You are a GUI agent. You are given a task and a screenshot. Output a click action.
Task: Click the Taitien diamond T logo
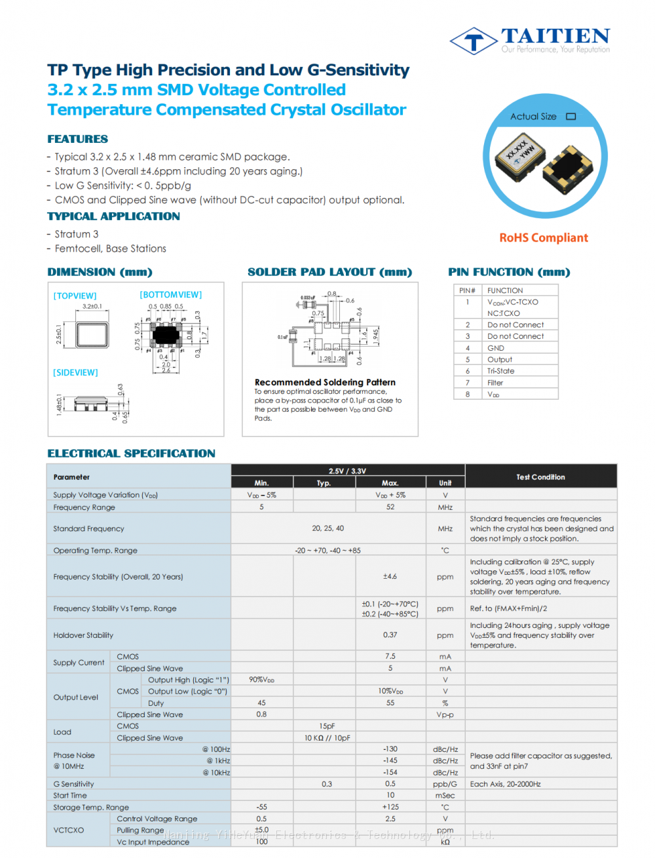[473, 41]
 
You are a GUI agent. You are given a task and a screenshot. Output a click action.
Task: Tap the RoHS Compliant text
[544, 238]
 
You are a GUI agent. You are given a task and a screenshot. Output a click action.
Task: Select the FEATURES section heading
[77, 139]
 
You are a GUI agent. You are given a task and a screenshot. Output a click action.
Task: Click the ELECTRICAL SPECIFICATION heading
[131, 454]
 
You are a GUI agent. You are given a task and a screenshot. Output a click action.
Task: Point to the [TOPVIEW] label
[75, 296]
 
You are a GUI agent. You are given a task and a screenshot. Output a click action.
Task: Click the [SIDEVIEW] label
[75, 372]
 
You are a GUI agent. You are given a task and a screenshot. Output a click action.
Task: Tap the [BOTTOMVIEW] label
[170, 295]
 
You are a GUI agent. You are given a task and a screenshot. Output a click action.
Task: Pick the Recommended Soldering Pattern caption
[325, 382]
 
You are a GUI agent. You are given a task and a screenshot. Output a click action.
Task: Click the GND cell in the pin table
[496, 348]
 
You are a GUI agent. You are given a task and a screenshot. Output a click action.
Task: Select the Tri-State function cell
[500, 371]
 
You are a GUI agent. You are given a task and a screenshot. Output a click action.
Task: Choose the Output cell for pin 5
[500, 360]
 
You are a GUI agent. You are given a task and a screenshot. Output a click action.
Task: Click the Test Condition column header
[540, 477]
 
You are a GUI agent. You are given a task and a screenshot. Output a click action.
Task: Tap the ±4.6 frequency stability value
[390, 577]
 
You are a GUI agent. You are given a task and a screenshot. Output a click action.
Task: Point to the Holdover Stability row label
[83, 635]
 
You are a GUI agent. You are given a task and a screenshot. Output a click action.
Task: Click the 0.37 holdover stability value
[390, 634]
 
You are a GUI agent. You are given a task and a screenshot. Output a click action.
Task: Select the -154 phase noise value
[390, 772]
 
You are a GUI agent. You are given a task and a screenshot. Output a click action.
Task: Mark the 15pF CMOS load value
[327, 726]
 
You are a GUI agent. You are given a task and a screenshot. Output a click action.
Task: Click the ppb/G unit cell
[445, 784]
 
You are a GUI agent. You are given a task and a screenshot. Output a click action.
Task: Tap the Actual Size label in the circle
[533, 117]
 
